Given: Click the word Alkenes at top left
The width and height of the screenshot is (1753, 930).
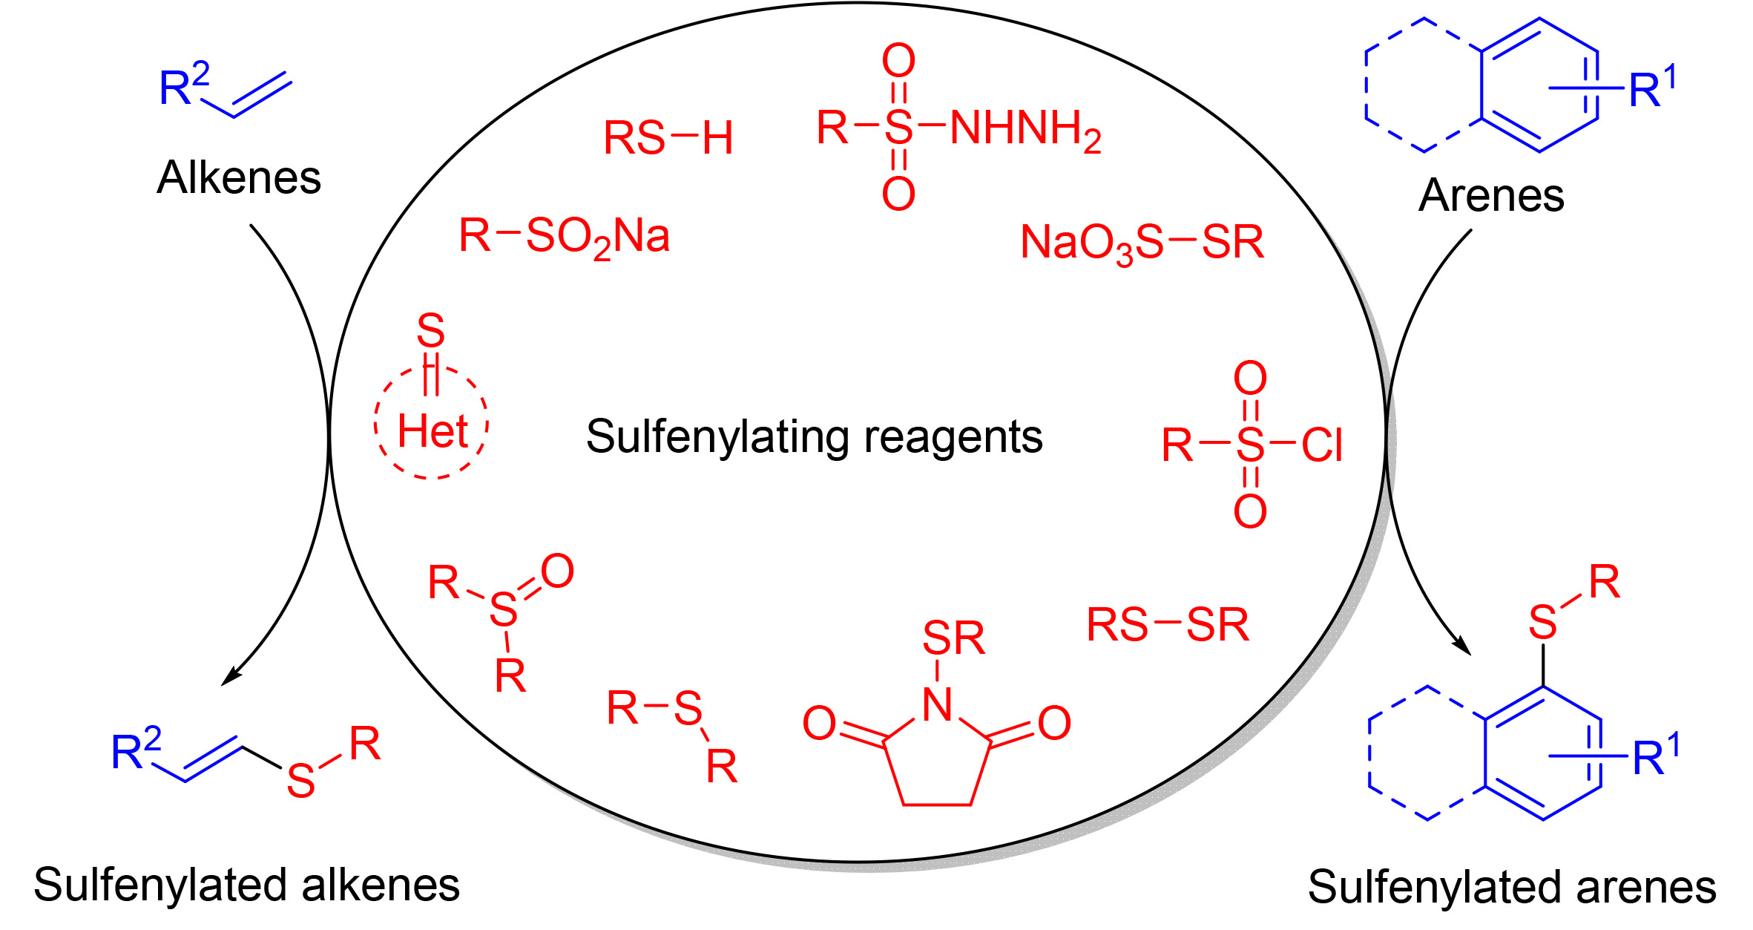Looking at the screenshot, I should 239,178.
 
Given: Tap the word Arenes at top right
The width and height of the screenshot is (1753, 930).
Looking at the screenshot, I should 1491,196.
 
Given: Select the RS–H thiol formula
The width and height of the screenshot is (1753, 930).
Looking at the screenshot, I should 668,138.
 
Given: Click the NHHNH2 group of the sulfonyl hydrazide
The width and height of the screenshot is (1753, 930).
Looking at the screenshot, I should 1024,130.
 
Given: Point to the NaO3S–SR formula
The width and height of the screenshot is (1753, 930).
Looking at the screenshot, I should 1142,243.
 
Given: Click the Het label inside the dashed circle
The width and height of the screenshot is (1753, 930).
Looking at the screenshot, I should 433,432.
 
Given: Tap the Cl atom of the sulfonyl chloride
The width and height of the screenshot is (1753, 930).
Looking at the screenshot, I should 1322,446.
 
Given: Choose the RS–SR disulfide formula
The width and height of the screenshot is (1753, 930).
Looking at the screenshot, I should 1168,625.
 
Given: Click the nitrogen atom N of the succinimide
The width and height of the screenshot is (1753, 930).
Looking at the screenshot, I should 937,704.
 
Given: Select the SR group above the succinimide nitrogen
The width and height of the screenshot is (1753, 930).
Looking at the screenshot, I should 953,638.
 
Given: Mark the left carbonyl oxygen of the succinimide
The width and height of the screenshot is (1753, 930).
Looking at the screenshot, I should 819,724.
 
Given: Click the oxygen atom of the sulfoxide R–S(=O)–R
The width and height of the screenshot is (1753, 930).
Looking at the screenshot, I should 557,572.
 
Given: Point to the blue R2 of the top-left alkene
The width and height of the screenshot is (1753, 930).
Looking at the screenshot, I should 183,85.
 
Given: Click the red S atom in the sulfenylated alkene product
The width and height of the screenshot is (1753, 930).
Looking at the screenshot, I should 300,781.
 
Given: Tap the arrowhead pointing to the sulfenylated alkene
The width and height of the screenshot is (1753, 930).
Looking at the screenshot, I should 230,677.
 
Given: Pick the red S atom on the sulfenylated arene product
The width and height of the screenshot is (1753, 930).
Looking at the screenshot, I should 1542,622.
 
